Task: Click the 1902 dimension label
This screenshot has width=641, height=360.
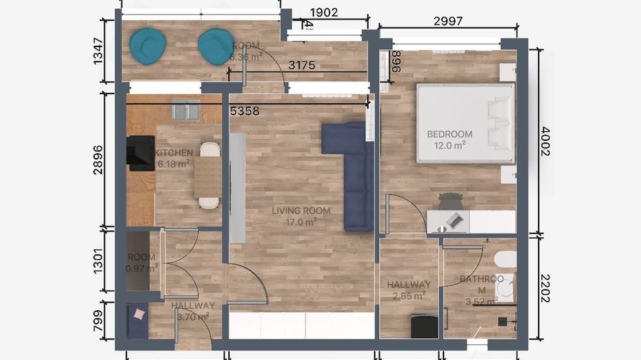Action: point(323,12)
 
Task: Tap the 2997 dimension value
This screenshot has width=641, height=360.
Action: point(448,21)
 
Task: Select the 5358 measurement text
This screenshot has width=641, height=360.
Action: point(245,111)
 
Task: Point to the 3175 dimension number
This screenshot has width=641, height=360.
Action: point(301,66)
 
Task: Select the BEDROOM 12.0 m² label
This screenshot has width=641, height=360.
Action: point(450,139)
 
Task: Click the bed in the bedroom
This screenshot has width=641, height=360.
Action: point(465,124)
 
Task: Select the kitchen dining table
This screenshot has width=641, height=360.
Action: point(208,176)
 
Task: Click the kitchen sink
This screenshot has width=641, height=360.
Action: point(185,111)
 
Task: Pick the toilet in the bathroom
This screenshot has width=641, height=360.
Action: point(506,260)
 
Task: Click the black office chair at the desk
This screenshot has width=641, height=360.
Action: point(450,201)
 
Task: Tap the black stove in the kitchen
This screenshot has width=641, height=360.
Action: point(141,153)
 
